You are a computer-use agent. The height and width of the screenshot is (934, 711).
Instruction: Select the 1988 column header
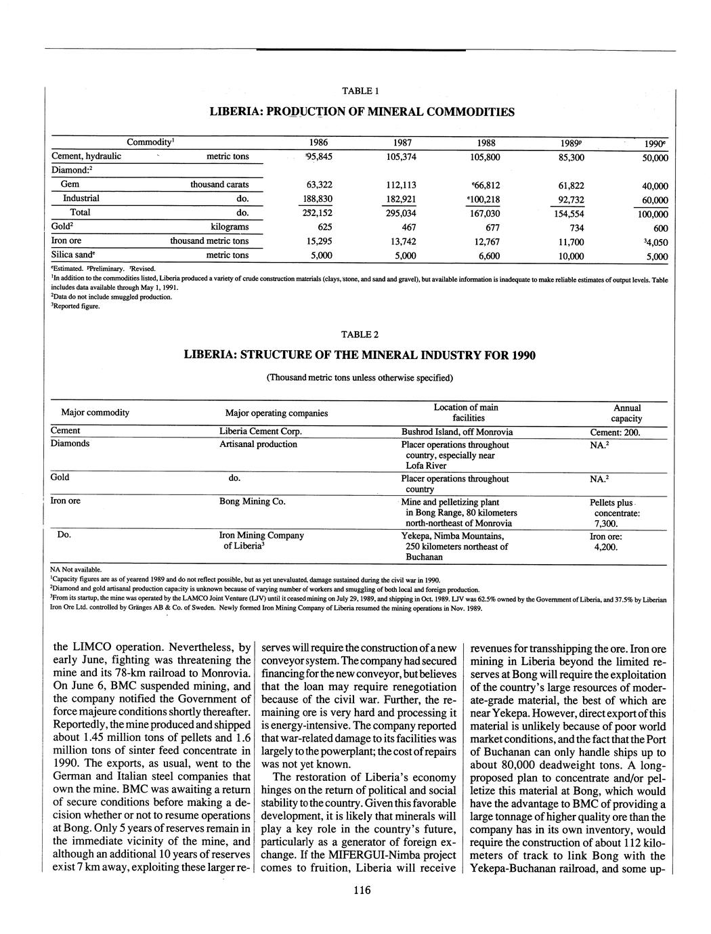click(x=486, y=143)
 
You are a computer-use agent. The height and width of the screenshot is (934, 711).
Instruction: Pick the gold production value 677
click(x=486, y=228)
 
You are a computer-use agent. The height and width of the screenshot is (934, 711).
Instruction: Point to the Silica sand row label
click(x=74, y=255)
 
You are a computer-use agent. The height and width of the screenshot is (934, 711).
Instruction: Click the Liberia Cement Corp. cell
click(x=260, y=431)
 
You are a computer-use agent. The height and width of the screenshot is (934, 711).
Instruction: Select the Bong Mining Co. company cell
click(x=252, y=502)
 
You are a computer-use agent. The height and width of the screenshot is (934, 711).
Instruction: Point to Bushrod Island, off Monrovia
click(x=457, y=432)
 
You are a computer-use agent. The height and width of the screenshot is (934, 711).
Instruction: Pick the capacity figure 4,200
click(x=605, y=547)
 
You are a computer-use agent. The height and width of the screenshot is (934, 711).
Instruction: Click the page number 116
click(x=361, y=891)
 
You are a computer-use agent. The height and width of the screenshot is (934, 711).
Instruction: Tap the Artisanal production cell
click(x=258, y=444)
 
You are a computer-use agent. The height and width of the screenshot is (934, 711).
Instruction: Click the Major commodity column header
click(x=95, y=412)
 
